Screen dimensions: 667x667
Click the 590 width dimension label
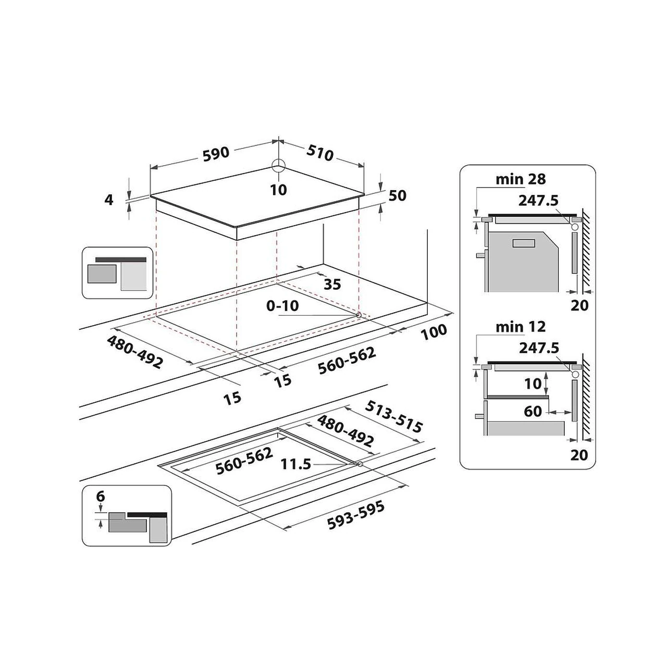[216, 154]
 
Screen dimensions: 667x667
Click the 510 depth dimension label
[320, 153]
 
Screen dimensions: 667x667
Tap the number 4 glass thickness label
[109, 200]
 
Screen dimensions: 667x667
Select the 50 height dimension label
[398, 195]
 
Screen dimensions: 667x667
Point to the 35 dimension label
[332, 284]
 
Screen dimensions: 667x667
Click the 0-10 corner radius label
[282, 306]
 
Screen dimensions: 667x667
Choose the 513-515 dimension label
[394, 416]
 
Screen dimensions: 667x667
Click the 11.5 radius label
[296, 464]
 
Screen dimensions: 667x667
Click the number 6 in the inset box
[101, 497]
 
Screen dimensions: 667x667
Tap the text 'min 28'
[521, 179]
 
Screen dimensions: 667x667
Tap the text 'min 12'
[521, 327]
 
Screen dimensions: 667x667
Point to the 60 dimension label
[533, 412]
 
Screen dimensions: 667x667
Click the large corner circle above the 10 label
[278, 165]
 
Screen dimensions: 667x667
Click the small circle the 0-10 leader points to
[359, 315]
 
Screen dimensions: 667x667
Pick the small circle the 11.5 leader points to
[360, 464]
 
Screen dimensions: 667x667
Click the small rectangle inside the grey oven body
[524, 243]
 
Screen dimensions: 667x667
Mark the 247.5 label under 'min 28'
[538, 201]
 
